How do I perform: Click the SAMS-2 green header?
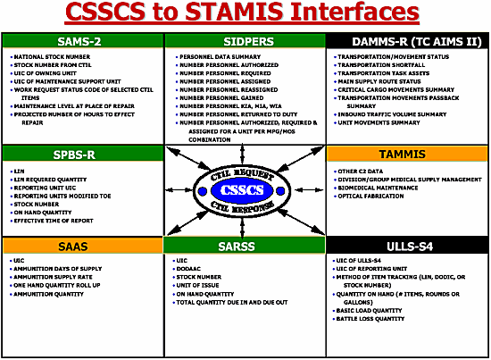click(x=81, y=41)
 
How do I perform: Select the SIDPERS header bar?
click(x=246, y=41)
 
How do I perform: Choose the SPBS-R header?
click(x=81, y=154)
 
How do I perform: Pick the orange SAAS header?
click(x=81, y=245)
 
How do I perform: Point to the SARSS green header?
click(x=246, y=245)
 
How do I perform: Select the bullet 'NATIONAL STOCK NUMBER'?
click(x=53, y=56)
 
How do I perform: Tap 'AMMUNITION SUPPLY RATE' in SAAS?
click(x=53, y=275)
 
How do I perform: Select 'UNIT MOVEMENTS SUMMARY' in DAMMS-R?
click(x=385, y=122)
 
